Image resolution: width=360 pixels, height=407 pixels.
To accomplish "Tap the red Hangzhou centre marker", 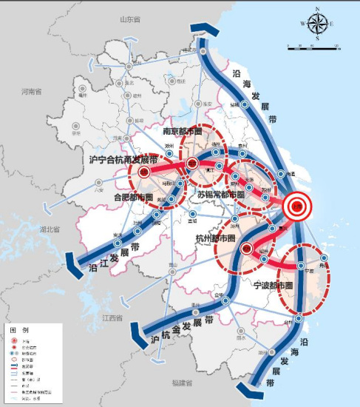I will (x=247, y=249).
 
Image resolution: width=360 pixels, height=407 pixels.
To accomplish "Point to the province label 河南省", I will (x=33, y=92).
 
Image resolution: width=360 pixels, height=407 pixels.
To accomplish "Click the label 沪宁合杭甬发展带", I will (x=123, y=158).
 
